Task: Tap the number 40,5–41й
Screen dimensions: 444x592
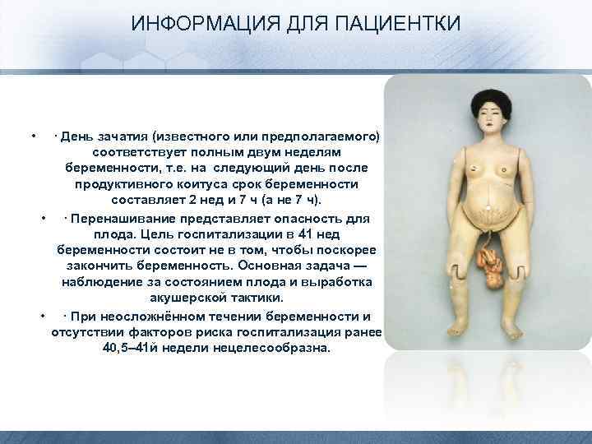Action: tap(129, 348)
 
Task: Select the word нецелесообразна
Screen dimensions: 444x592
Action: tap(271, 348)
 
